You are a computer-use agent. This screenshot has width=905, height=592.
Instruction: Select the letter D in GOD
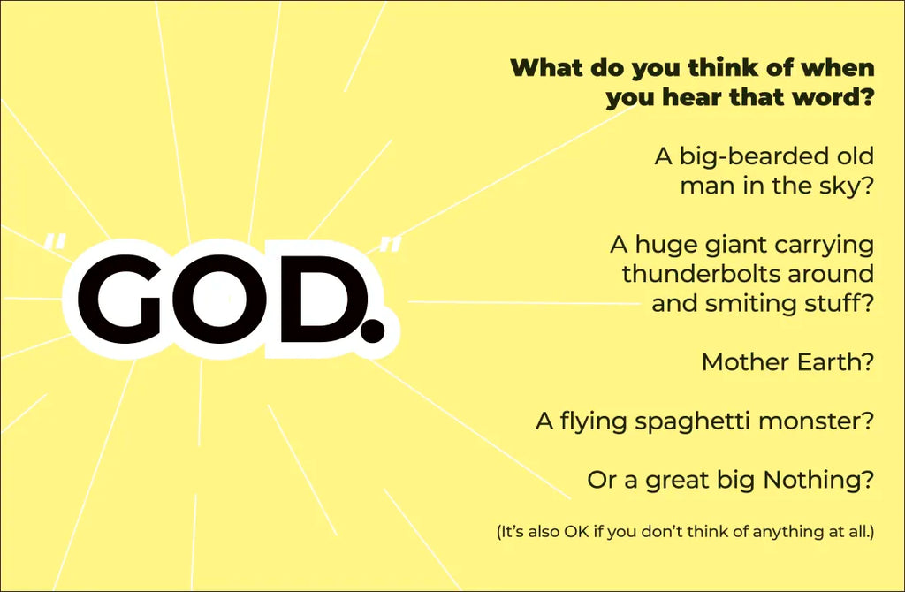(x=316, y=299)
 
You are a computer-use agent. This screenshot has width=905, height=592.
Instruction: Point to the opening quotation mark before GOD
(x=55, y=242)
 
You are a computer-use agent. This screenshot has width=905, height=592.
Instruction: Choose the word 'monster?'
(x=816, y=421)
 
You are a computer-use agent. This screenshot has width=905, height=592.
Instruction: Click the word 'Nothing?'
(x=818, y=480)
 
